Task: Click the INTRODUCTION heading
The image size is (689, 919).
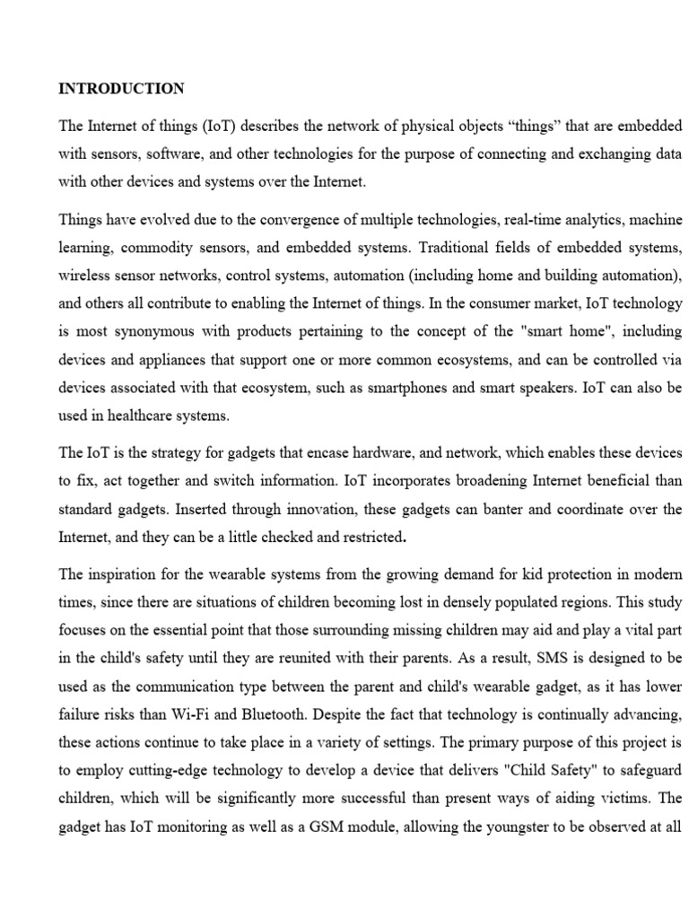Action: [121, 88]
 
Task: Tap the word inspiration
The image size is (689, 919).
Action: [127, 575]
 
